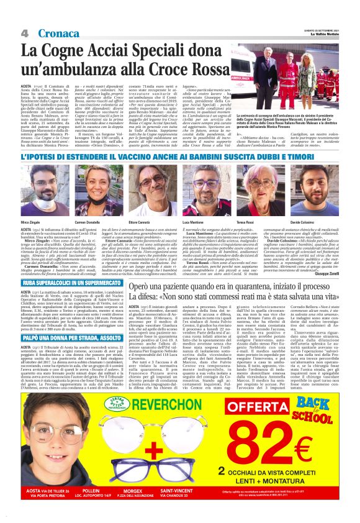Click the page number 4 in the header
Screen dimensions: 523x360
[25, 33]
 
